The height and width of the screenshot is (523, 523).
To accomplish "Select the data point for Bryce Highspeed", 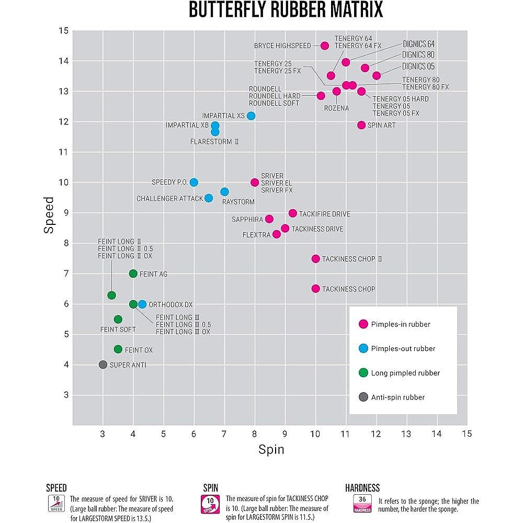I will click(324, 46).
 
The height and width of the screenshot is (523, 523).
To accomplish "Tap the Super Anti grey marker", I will click(103, 365).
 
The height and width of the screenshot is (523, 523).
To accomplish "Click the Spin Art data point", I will click(361, 125).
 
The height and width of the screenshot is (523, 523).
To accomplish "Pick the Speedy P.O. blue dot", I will click(194, 182).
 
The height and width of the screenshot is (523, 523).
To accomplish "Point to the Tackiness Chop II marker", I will click(315, 259).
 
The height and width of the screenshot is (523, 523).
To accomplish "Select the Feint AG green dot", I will click(133, 274).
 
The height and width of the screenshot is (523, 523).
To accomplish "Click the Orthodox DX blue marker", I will click(142, 304).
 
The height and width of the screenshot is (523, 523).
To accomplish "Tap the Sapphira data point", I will click(269, 219).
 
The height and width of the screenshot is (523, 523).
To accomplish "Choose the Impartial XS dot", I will click(251, 116).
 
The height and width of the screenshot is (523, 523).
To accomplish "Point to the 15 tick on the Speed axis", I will click(63, 31).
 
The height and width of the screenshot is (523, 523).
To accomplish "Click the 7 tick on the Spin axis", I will click(224, 434).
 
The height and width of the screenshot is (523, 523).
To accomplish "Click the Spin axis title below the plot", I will click(271, 449).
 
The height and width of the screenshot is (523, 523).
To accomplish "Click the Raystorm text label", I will click(238, 201).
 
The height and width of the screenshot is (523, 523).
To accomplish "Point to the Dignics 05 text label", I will click(418, 66).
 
